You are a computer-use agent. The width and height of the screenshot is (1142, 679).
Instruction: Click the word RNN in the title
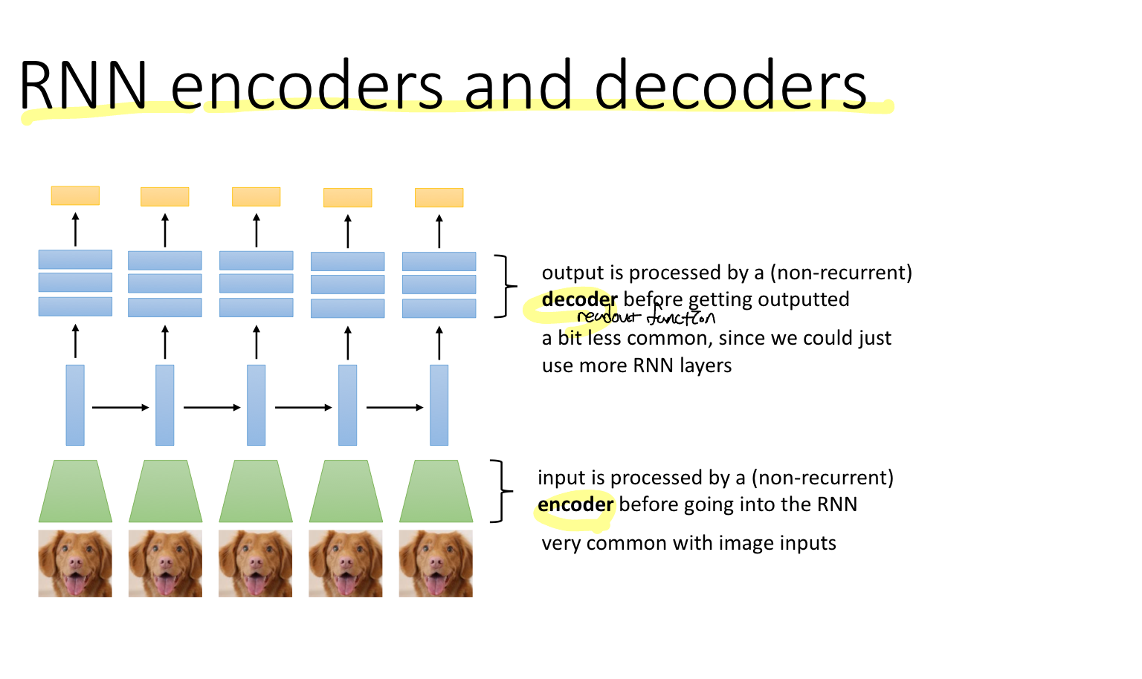point(83,85)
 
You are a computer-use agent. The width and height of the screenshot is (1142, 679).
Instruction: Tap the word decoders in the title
point(730,85)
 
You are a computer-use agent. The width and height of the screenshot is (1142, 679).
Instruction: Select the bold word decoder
point(579,299)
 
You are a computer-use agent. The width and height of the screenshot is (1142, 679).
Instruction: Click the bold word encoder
point(575,504)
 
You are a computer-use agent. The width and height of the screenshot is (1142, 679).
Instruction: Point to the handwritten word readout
point(607,318)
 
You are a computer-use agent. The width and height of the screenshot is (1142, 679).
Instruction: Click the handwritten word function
point(680,318)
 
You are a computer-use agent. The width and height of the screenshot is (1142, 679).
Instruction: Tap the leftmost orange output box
point(75,195)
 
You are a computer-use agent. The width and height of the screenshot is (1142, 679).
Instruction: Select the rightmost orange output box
point(439,198)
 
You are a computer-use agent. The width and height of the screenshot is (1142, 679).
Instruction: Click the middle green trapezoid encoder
point(256,491)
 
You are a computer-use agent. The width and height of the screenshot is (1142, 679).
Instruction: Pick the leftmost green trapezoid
point(75,491)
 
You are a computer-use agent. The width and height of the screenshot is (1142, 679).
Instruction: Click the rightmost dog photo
point(436,563)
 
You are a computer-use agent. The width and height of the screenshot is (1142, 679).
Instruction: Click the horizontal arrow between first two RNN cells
point(120,407)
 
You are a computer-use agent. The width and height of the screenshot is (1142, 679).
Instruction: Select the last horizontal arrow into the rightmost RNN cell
point(394,407)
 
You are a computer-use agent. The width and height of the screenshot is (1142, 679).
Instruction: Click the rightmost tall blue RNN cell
point(439,405)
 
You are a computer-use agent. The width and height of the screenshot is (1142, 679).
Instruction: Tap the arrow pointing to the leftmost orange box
point(75,230)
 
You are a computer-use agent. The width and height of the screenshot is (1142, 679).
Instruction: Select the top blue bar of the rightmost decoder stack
point(439,261)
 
